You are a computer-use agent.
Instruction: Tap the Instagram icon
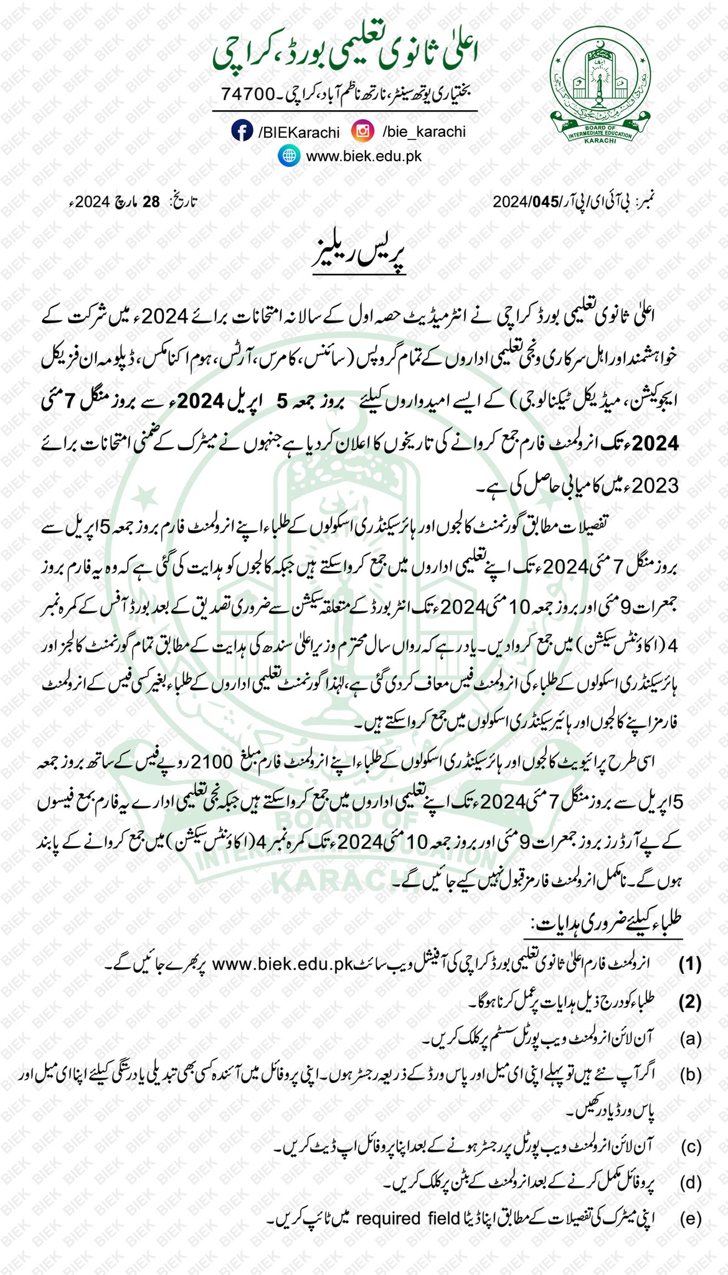[x=362, y=131]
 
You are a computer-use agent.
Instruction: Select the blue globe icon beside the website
[x=288, y=155]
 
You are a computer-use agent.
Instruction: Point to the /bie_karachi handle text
[x=423, y=131]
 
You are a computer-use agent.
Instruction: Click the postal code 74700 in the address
[x=248, y=95]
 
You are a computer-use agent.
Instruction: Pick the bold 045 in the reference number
[x=541, y=202]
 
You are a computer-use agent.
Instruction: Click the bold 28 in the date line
[x=151, y=202]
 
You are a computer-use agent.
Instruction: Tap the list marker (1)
[x=690, y=964]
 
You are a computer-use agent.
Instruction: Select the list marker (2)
[x=690, y=1002]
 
